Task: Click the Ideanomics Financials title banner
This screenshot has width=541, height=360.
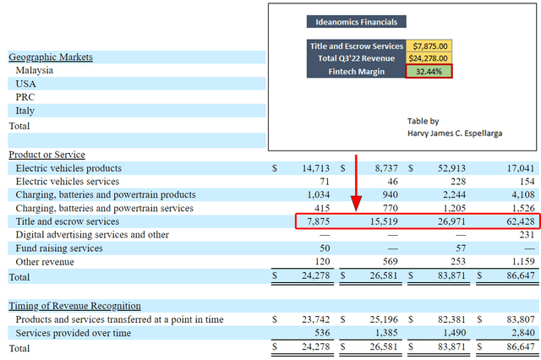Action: point(356,22)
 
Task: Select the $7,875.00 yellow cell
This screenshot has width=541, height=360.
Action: point(429,46)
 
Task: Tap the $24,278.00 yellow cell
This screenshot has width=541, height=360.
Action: point(429,58)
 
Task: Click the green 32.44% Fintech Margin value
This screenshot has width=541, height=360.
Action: point(429,71)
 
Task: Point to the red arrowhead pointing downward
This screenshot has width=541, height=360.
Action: point(356,204)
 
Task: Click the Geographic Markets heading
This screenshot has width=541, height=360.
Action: point(51,57)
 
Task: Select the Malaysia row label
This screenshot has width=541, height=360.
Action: point(35,70)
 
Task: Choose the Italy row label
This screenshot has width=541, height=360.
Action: point(25,111)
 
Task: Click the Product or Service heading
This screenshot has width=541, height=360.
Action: point(47,155)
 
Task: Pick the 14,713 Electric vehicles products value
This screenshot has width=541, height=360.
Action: point(315,168)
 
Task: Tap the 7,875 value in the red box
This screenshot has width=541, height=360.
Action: point(319,221)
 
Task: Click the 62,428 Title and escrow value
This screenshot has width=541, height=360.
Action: point(521,221)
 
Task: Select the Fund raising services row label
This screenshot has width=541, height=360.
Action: point(59,248)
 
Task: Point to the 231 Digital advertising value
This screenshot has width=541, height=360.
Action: point(527,235)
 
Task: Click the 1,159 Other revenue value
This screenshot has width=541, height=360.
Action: point(523,262)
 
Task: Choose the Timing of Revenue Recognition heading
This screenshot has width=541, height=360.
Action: point(75,306)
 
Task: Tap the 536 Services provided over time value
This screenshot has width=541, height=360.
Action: point(322,333)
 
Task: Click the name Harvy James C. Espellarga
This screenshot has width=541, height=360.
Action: point(455,134)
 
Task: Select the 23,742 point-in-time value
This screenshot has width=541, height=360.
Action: point(315,319)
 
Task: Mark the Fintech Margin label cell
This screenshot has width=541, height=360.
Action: point(356,71)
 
